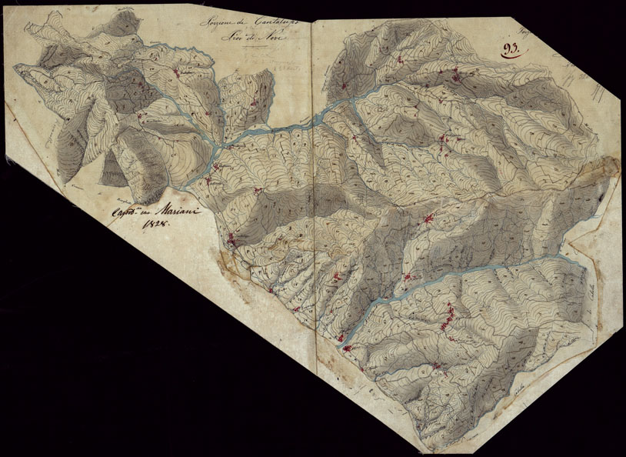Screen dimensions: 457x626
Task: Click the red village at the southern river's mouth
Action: point(347,349)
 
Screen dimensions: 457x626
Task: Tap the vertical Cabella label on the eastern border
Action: point(592,293)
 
